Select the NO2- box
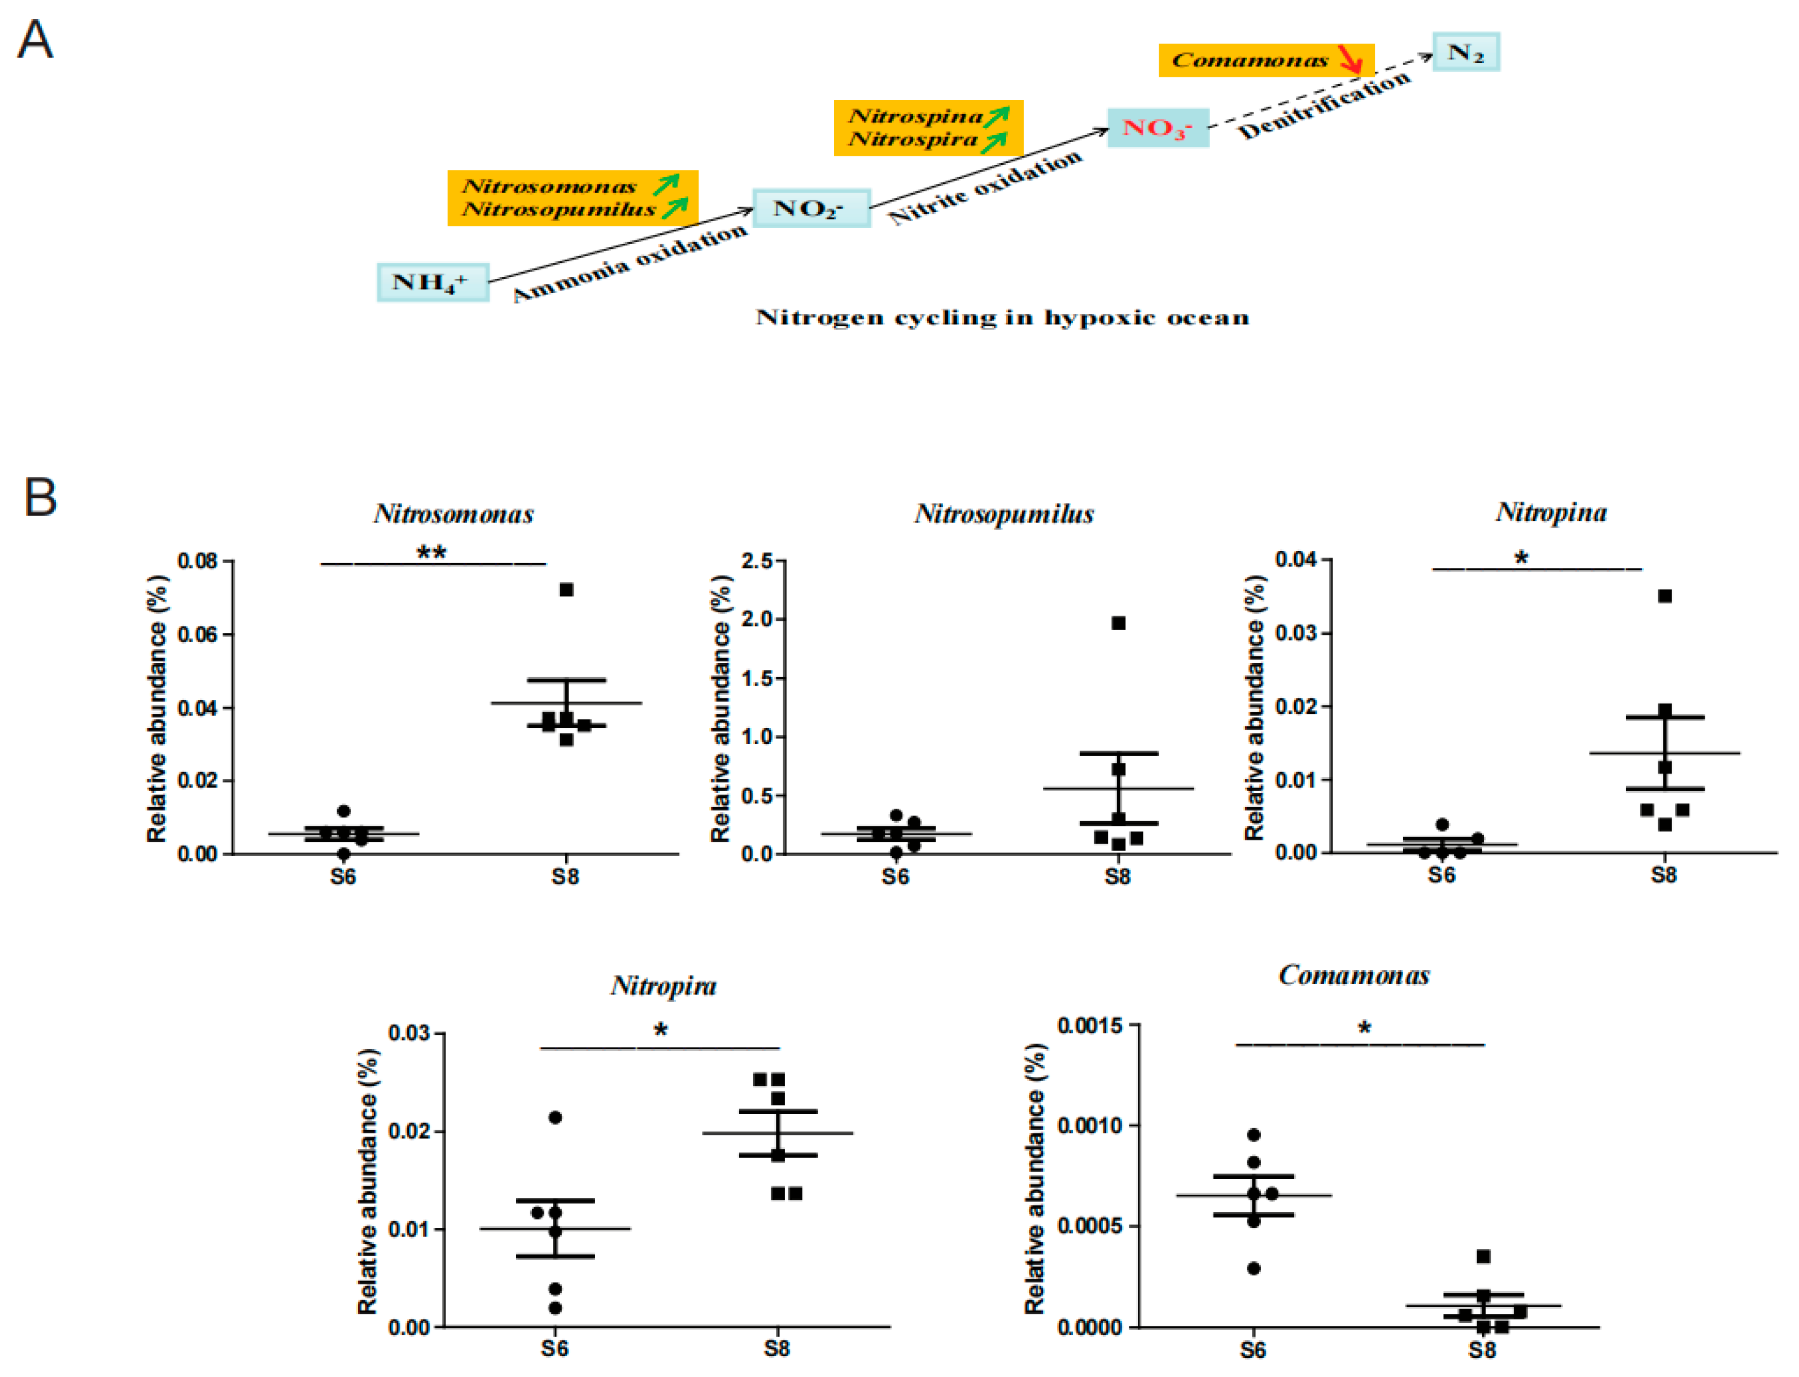(x=810, y=208)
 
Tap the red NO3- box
(x=1157, y=128)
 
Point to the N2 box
(x=1465, y=52)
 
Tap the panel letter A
(x=35, y=40)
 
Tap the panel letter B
(x=40, y=497)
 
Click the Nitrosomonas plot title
(x=453, y=514)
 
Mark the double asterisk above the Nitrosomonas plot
(x=431, y=552)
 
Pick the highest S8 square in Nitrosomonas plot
(x=566, y=589)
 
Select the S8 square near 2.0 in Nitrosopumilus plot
(x=1117, y=623)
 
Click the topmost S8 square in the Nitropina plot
(x=1665, y=596)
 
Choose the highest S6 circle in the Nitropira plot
(x=555, y=1117)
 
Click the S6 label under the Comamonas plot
(x=1252, y=1350)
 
